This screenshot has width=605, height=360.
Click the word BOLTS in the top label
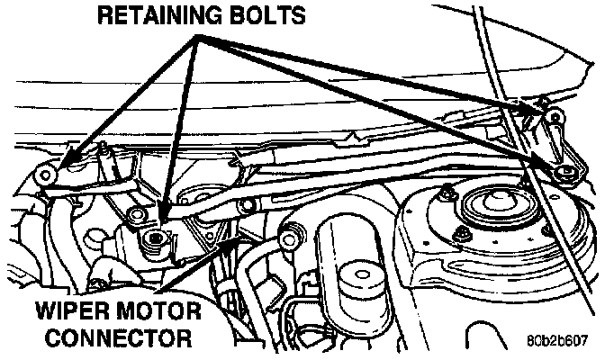coord(266,15)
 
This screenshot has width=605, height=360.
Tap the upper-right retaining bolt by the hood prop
coord(550,116)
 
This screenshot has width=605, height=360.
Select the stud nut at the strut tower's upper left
coord(447,190)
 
